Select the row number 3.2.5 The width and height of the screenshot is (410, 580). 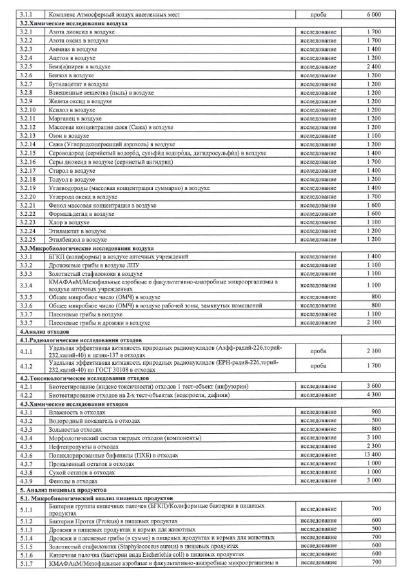(26, 66)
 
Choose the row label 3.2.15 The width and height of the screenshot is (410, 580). (27, 154)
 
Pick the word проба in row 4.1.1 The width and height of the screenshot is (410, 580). (318, 351)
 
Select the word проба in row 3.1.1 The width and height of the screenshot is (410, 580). (318, 14)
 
